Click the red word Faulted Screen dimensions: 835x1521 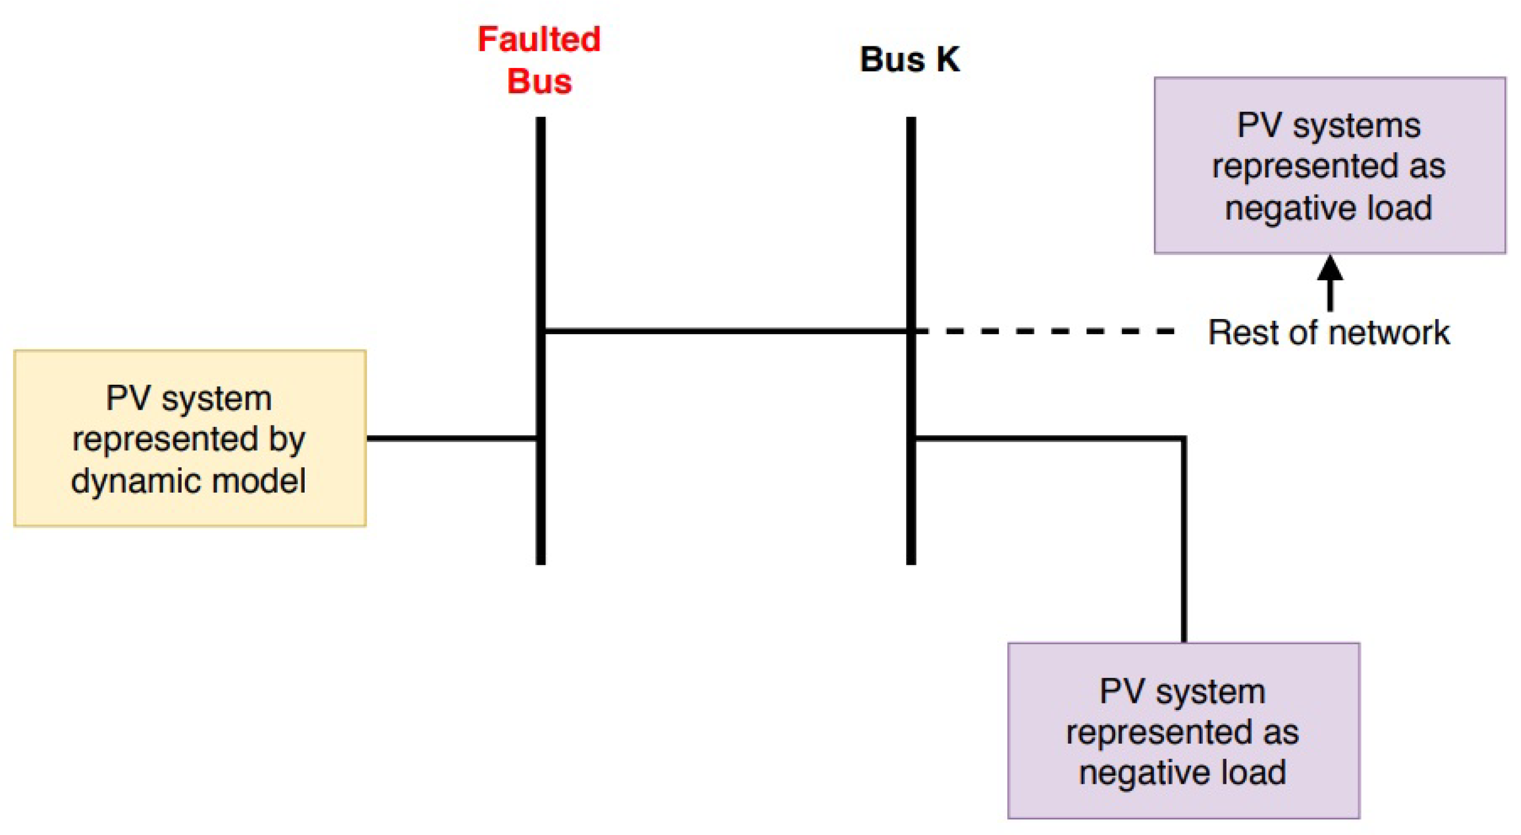click(x=539, y=39)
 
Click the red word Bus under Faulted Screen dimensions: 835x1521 click(x=539, y=81)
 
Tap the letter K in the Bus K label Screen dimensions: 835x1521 click(x=947, y=60)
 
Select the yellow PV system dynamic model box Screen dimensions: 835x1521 click(x=190, y=438)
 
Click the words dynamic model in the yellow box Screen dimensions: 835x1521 click(x=188, y=481)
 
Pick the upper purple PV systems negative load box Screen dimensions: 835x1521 click(x=1329, y=165)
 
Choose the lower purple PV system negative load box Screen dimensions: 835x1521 click(x=1183, y=730)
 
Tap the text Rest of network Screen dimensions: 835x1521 click(x=1329, y=333)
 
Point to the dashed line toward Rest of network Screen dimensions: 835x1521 click(x=1045, y=332)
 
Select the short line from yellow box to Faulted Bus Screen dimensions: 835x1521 click(x=451, y=438)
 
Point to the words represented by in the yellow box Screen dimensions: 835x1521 click(x=188, y=439)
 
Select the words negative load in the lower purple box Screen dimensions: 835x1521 click(x=1183, y=772)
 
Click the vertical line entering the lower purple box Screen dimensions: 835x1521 click(x=1184, y=543)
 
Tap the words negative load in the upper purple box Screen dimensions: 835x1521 click(x=1329, y=208)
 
